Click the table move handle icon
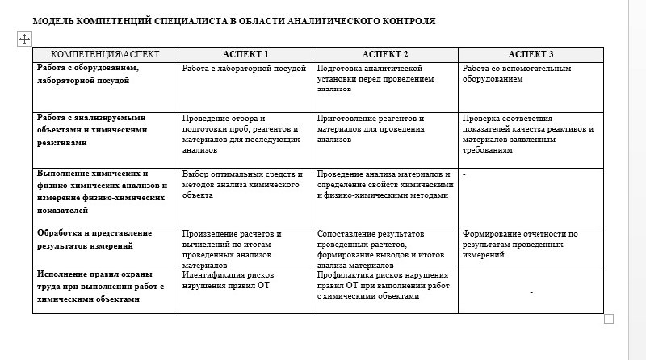click(24, 39)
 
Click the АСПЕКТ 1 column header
click(245, 55)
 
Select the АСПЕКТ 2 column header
click(384, 55)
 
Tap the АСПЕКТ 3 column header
click(531, 55)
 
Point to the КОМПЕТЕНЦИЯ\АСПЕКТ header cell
click(105, 55)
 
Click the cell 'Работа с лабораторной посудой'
click(244, 69)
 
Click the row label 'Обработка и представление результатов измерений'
click(94, 240)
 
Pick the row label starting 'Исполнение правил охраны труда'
click(101, 286)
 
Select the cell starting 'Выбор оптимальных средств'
click(242, 184)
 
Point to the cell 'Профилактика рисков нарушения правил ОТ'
click(383, 285)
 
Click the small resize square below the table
click(609, 319)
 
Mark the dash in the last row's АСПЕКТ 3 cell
click(531, 291)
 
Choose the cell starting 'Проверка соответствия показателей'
click(528, 133)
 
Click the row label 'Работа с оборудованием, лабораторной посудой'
click(89, 74)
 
